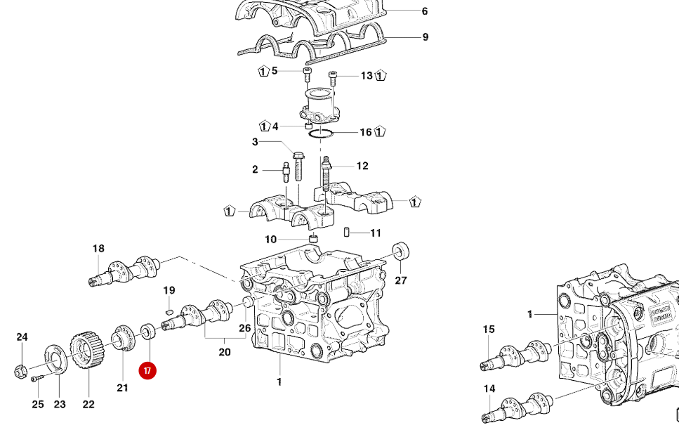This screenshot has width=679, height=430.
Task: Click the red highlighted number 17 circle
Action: [x=147, y=370]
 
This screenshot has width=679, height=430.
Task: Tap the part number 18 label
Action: [x=98, y=248]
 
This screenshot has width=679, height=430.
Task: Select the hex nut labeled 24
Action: [x=20, y=370]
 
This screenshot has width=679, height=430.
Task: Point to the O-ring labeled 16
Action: [x=322, y=133]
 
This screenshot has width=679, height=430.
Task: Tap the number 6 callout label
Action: [x=425, y=11]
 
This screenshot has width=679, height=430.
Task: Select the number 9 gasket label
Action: [x=425, y=37]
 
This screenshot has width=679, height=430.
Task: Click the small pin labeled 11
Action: [x=348, y=233]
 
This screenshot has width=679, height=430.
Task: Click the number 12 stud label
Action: [x=362, y=166]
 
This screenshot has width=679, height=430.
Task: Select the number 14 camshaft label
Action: [x=489, y=389]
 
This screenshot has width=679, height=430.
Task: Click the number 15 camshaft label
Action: [x=489, y=329]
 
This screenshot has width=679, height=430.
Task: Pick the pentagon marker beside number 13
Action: [x=381, y=75]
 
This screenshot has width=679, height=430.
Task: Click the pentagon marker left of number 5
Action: [x=263, y=71]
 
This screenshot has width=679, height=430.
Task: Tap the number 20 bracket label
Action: [x=225, y=351]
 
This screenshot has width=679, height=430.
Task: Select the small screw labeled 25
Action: [x=37, y=379]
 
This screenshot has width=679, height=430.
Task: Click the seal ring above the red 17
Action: [x=147, y=330]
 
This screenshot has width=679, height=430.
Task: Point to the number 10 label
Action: [x=271, y=239]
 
